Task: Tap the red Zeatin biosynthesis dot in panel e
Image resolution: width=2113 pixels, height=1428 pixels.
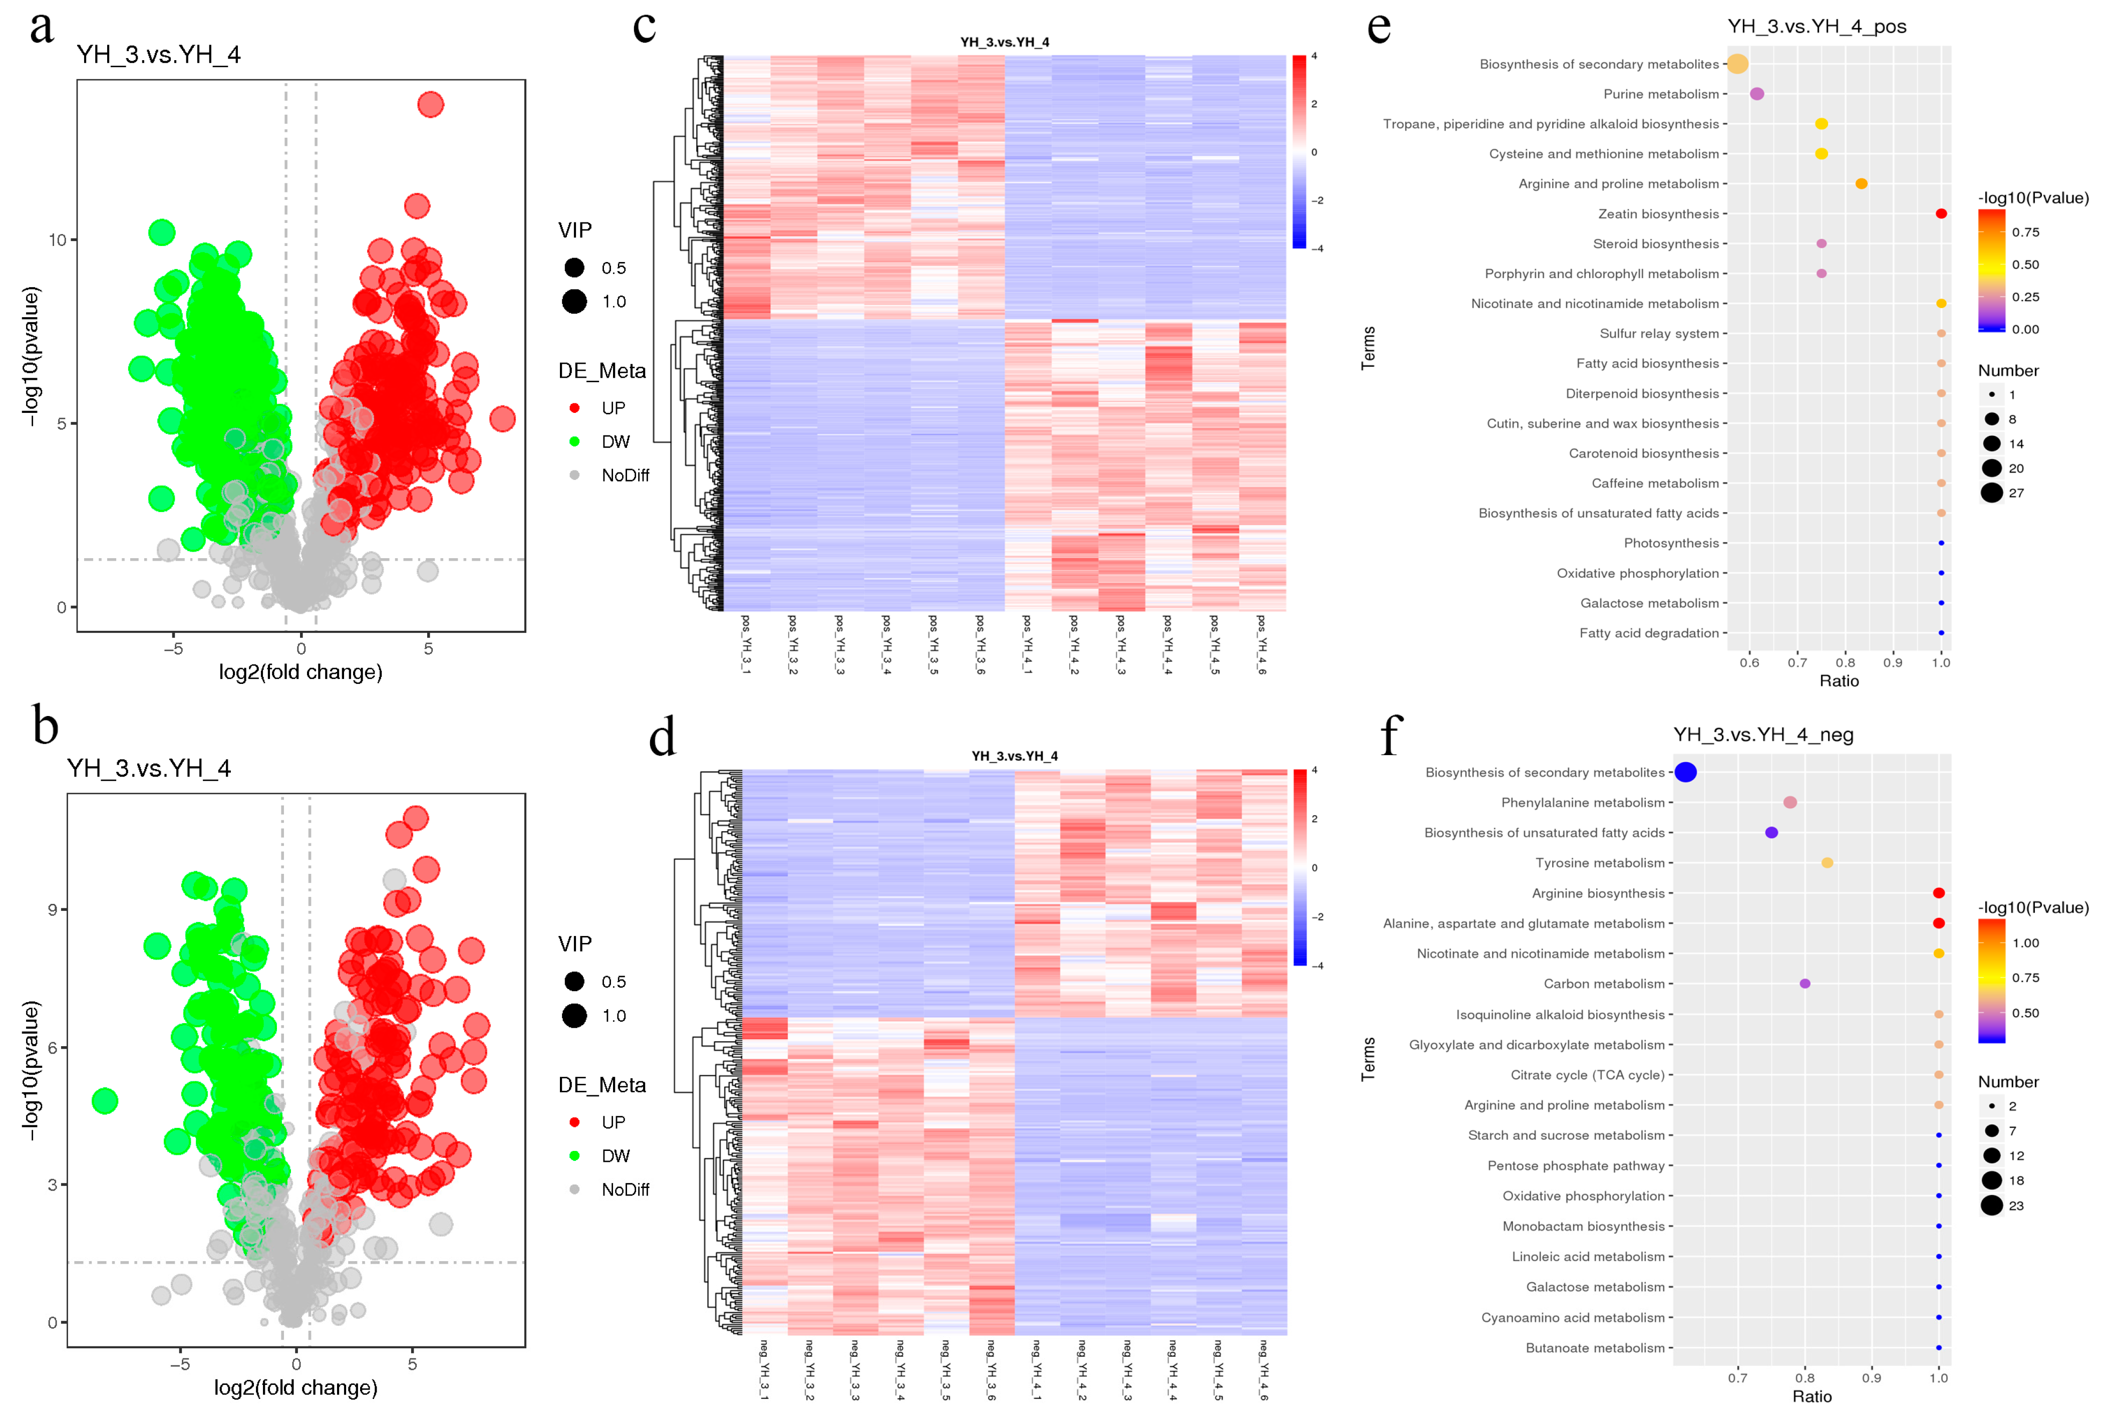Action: pyautogui.click(x=1941, y=214)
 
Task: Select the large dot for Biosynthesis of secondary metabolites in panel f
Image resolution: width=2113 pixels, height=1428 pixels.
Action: pyautogui.click(x=1686, y=772)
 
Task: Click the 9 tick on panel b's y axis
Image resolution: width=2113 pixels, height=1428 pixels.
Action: pyautogui.click(x=53, y=909)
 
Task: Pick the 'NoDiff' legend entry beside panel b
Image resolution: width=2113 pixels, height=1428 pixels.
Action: pyautogui.click(x=625, y=1189)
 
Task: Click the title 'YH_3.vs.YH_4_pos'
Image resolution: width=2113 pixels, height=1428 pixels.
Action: pyautogui.click(x=1817, y=27)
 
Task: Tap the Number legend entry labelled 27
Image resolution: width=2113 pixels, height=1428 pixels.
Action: pyautogui.click(x=2016, y=493)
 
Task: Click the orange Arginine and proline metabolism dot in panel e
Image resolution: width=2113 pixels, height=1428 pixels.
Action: pyautogui.click(x=1861, y=184)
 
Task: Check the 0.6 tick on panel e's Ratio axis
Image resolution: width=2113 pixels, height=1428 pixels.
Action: pyautogui.click(x=1749, y=662)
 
